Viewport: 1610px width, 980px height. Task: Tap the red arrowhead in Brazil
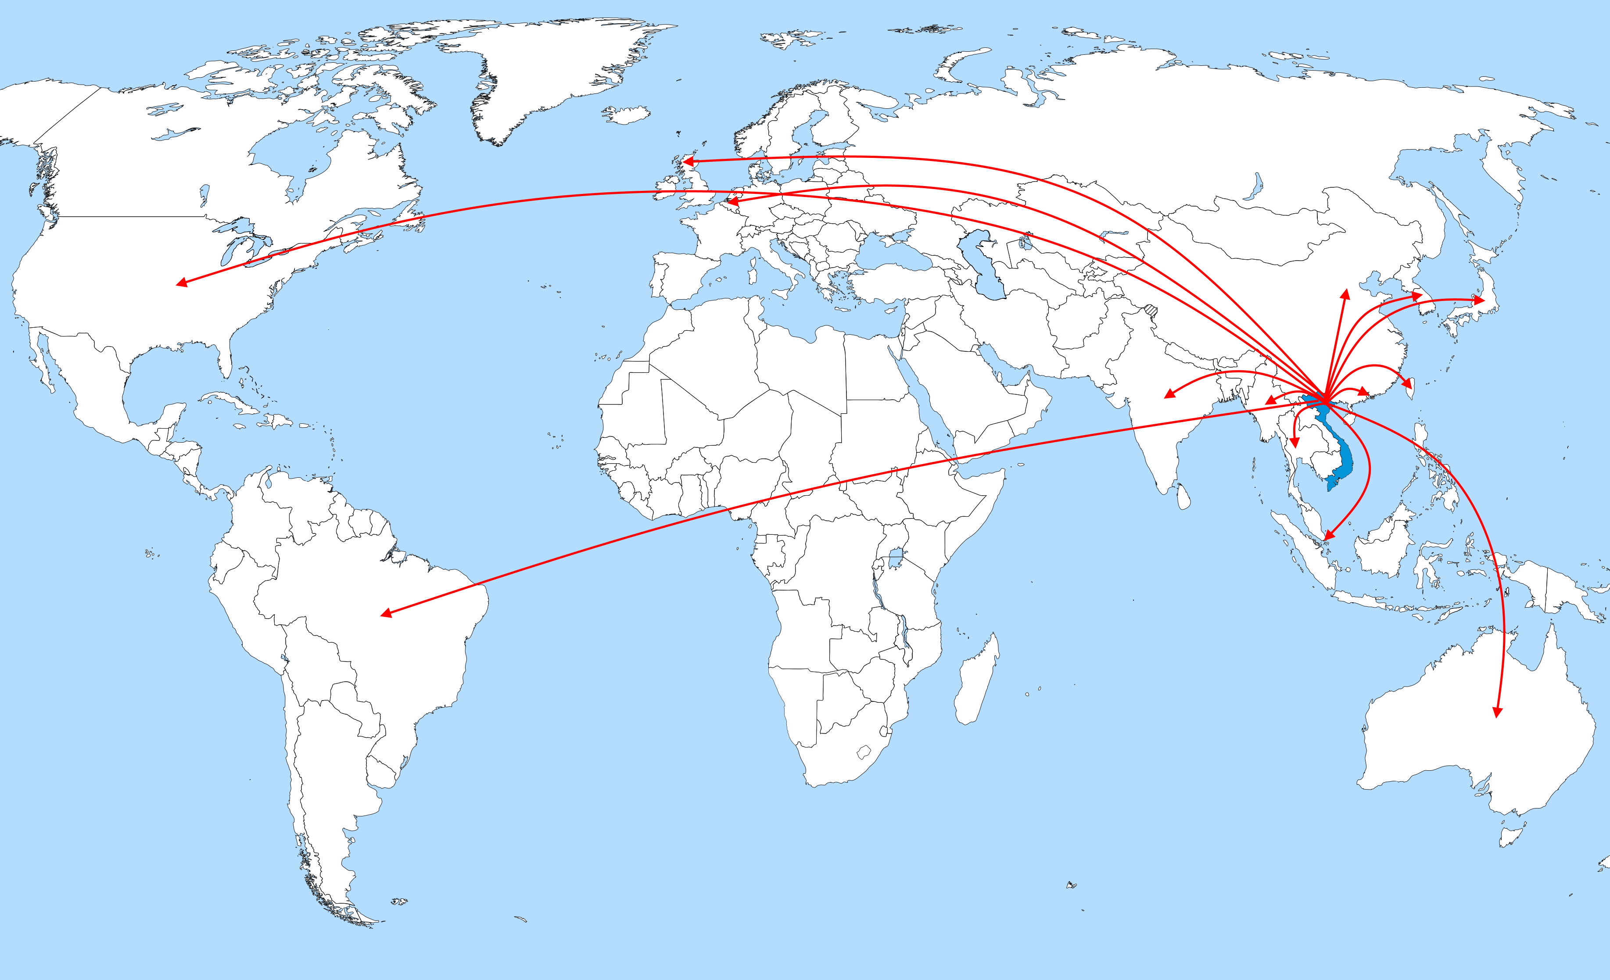pos(386,613)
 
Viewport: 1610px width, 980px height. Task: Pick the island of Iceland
pos(627,115)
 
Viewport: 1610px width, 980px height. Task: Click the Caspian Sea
pos(980,265)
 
